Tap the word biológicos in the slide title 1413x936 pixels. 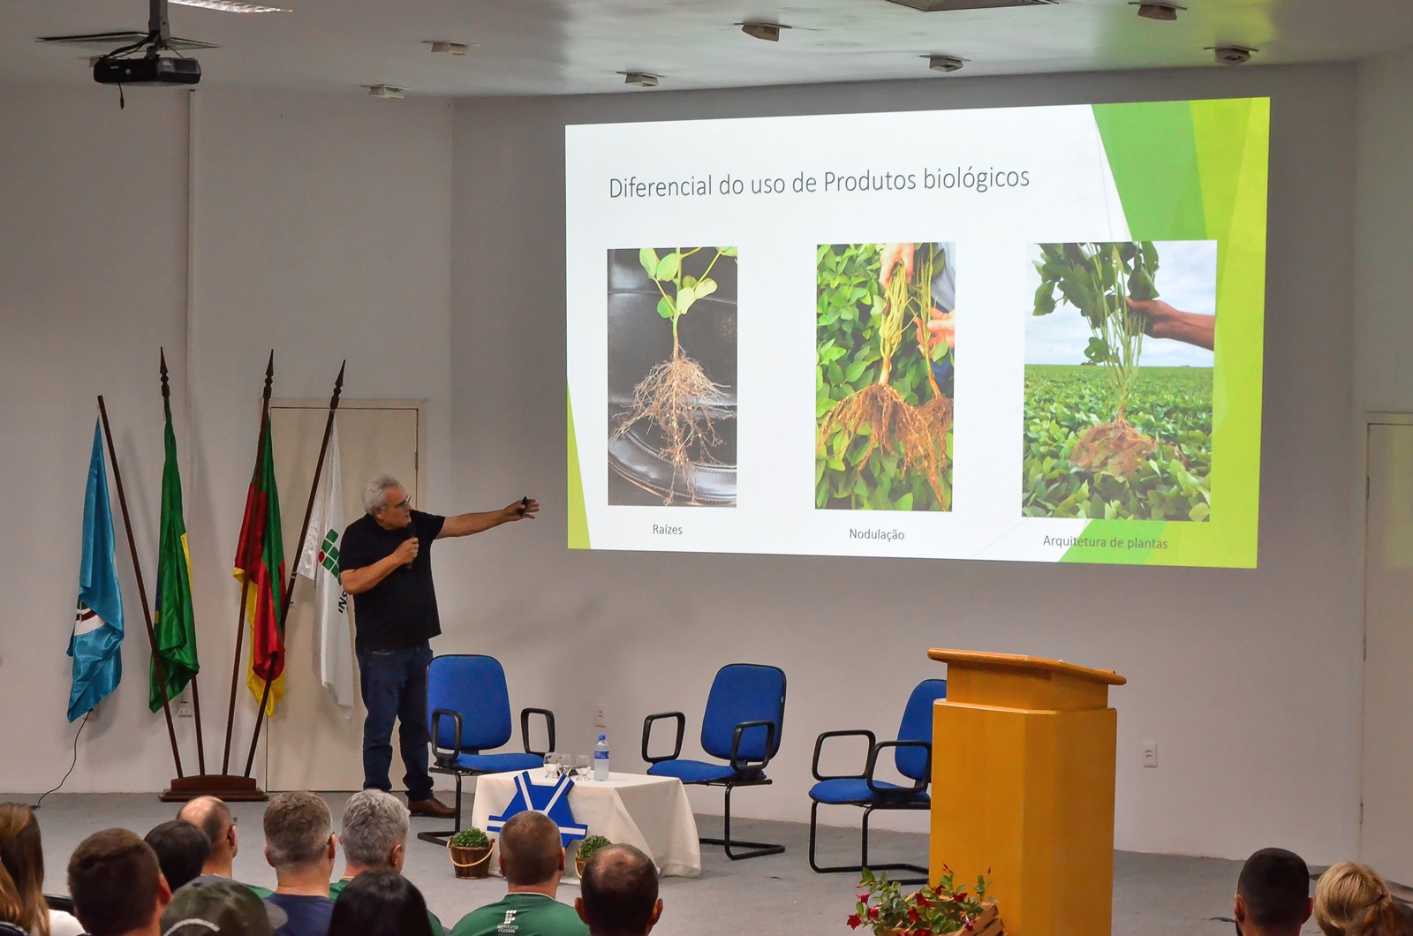[x=976, y=178]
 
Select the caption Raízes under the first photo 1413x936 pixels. [x=668, y=529]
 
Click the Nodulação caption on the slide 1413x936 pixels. [x=876, y=534]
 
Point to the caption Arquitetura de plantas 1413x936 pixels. [x=1105, y=542]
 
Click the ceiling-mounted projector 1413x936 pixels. [x=147, y=70]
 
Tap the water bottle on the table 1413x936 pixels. [x=601, y=758]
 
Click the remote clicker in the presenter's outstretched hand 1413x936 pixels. [x=524, y=503]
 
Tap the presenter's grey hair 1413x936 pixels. [x=379, y=491]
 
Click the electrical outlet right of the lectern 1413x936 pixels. [x=1149, y=754]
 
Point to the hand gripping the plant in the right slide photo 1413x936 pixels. [x=1170, y=321]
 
